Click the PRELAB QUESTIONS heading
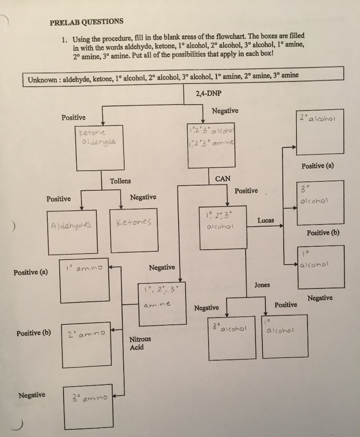(87, 22)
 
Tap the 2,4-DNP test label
(209, 93)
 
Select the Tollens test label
(121, 181)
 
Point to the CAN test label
(223, 178)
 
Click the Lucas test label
(266, 221)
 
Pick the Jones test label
(262, 285)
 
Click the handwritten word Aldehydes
(71, 225)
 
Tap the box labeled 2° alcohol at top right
(320, 134)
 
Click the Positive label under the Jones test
(285, 305)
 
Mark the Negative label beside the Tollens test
(143, 197)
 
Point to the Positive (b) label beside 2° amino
(33, 333)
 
